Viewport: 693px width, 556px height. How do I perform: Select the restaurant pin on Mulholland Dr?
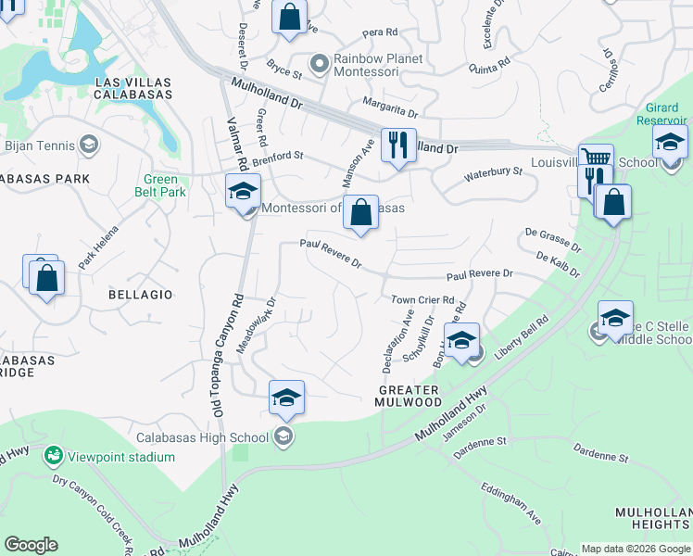[398, 146]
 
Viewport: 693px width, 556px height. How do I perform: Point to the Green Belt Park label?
[164, 185]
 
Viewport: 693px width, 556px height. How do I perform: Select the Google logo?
[31, 545]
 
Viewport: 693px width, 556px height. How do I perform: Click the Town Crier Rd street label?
[422, 300]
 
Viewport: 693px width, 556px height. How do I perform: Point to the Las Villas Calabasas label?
[134, 88]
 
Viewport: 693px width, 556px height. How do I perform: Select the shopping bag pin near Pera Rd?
[290, 18]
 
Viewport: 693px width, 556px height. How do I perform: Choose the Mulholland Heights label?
[654, 518]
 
